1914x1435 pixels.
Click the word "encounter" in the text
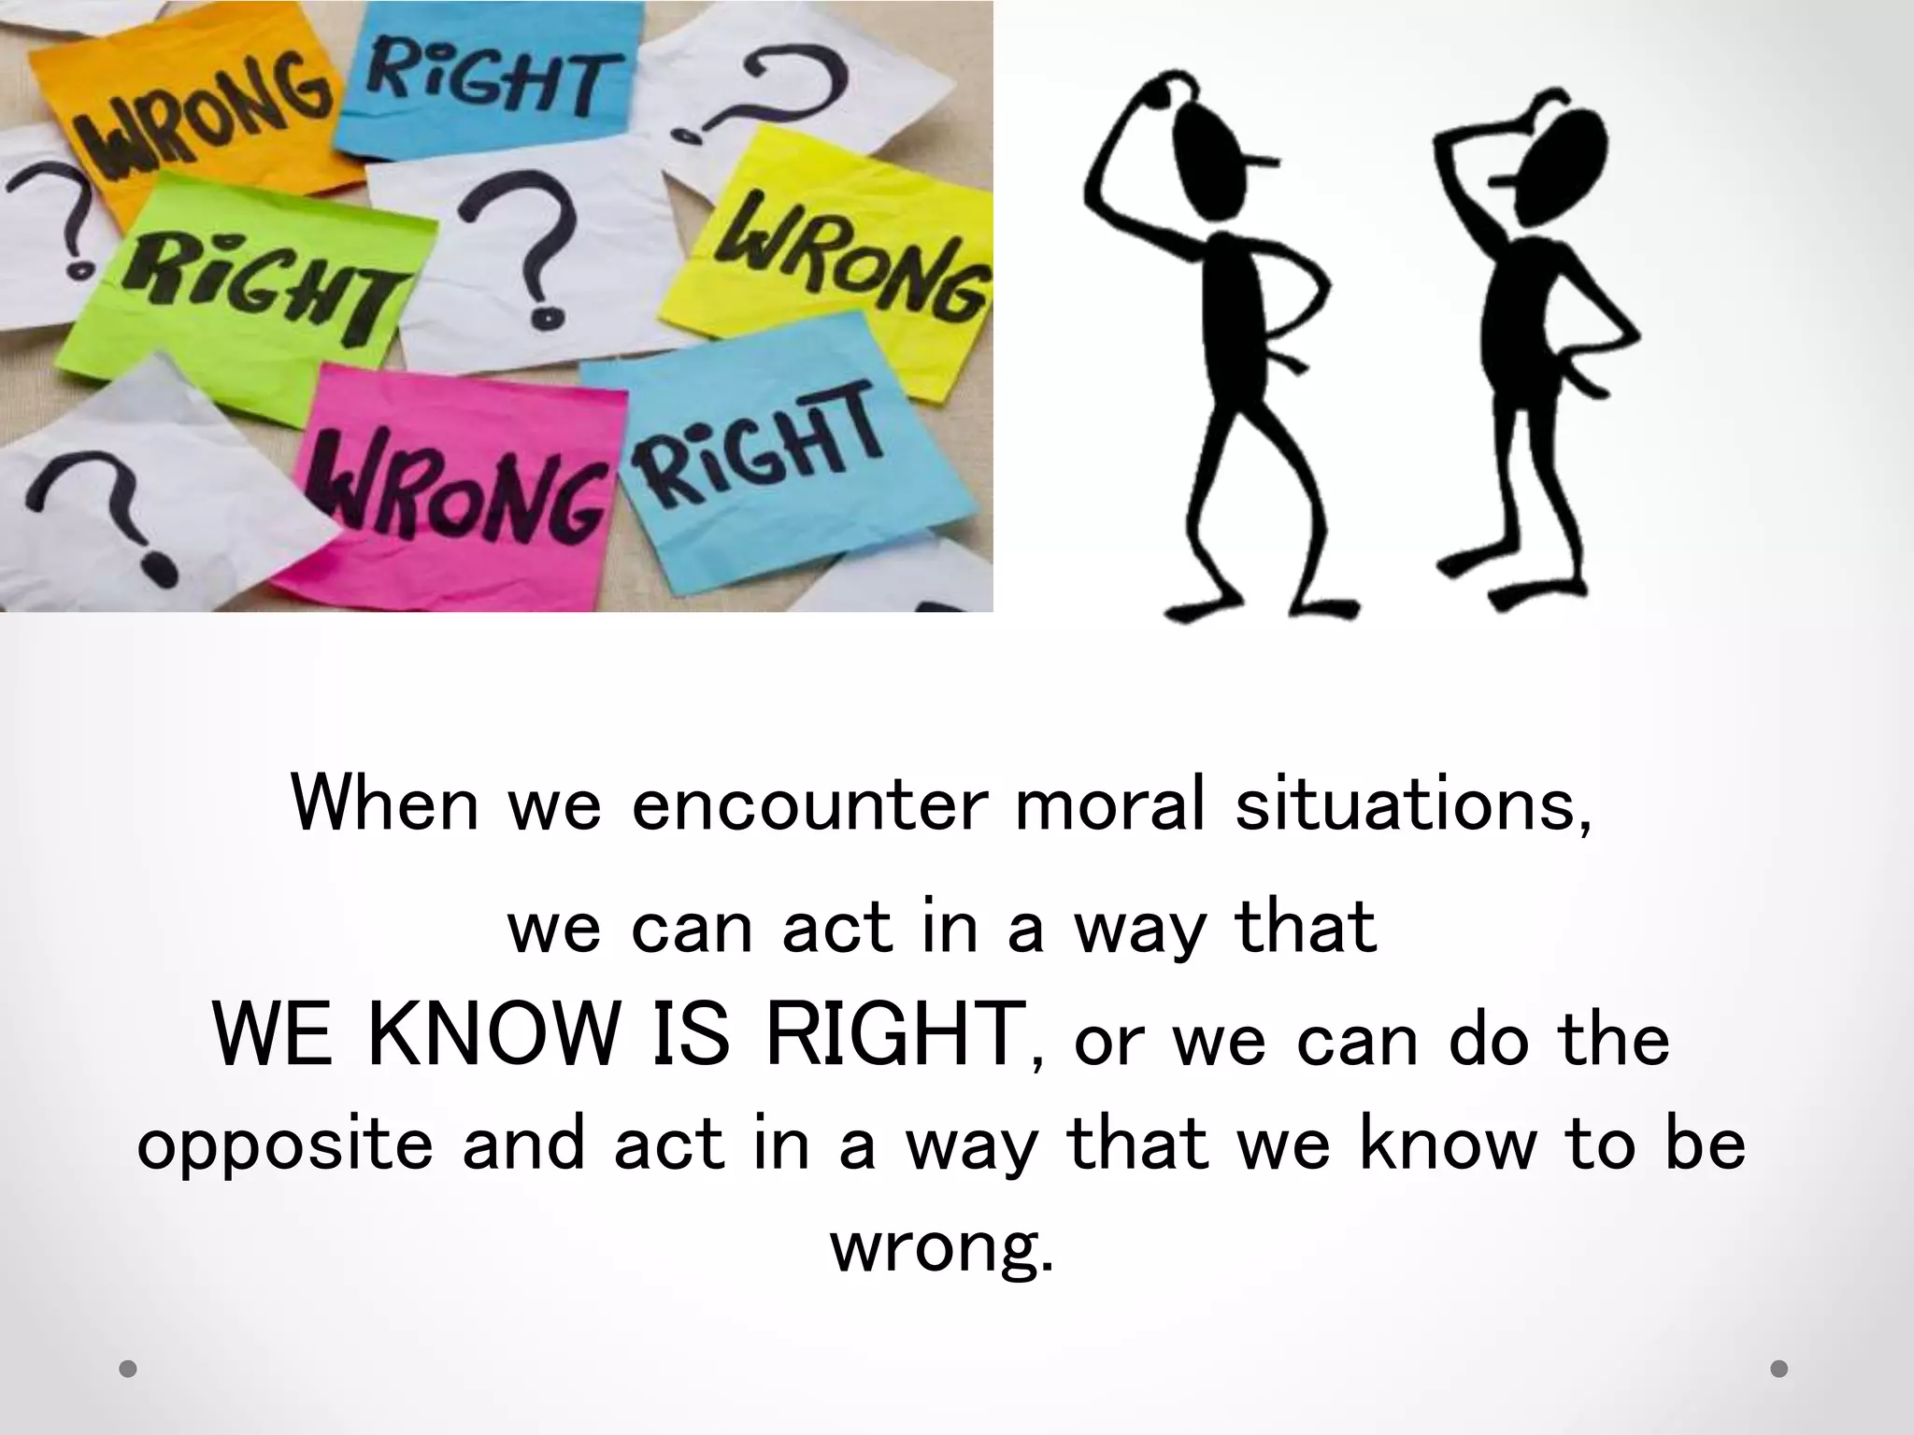808,803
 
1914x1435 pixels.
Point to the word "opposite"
284,1145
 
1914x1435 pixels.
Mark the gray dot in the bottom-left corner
129,1370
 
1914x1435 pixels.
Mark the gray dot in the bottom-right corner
1779,1370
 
